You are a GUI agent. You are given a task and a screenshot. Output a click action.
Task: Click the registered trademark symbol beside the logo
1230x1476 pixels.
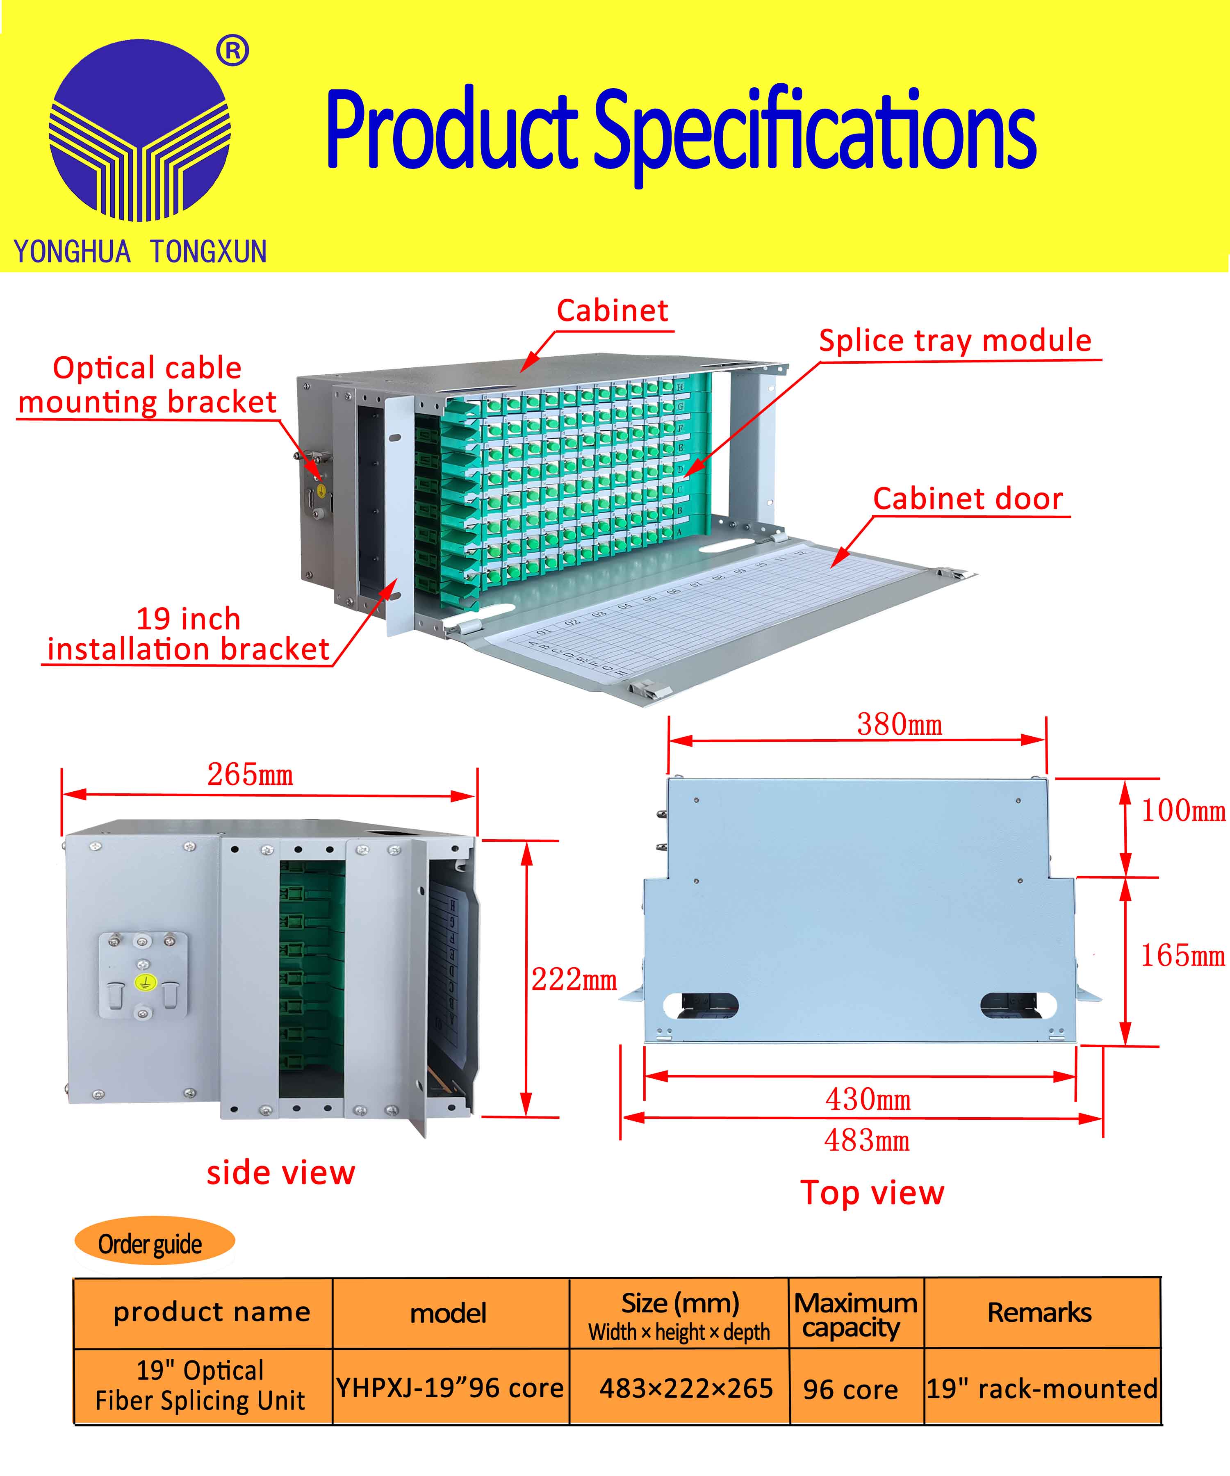[232, 51]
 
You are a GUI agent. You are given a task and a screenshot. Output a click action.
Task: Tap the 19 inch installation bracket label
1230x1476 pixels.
[188, 634]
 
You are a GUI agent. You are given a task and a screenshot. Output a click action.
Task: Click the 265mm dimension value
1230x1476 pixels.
[250, 774]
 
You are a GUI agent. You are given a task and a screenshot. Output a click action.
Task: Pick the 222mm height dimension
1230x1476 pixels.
[574, 979]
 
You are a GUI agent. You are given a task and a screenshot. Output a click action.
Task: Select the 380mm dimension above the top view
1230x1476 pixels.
[900, 724]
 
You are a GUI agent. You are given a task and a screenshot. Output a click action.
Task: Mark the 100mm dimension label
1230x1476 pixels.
[1183, 811]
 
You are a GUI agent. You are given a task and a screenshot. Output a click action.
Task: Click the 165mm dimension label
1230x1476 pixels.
[1183, 955]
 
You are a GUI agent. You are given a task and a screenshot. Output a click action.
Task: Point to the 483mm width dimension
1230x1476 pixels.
[867, 1140]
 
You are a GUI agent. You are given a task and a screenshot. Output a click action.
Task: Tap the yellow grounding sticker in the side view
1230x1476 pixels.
[143, 983]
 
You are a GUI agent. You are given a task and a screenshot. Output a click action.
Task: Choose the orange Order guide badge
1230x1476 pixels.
[154, 1244]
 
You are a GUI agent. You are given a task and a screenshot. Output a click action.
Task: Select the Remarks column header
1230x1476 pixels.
[1039, 1312]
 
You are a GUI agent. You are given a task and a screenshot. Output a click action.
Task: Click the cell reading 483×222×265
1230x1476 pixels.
[686, 1388]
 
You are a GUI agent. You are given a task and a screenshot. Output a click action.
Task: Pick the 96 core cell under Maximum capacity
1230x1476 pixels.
[850, 1389]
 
